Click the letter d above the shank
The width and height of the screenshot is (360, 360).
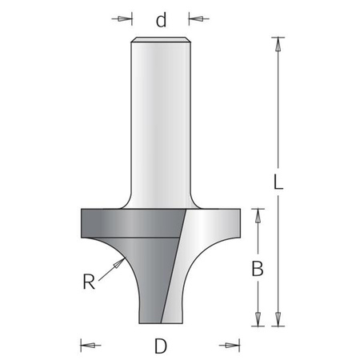click(x=161, y=20)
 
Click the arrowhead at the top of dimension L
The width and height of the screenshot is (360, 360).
click(x=278, y=42)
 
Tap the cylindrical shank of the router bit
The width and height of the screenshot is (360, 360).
click(x=161, y=120)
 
